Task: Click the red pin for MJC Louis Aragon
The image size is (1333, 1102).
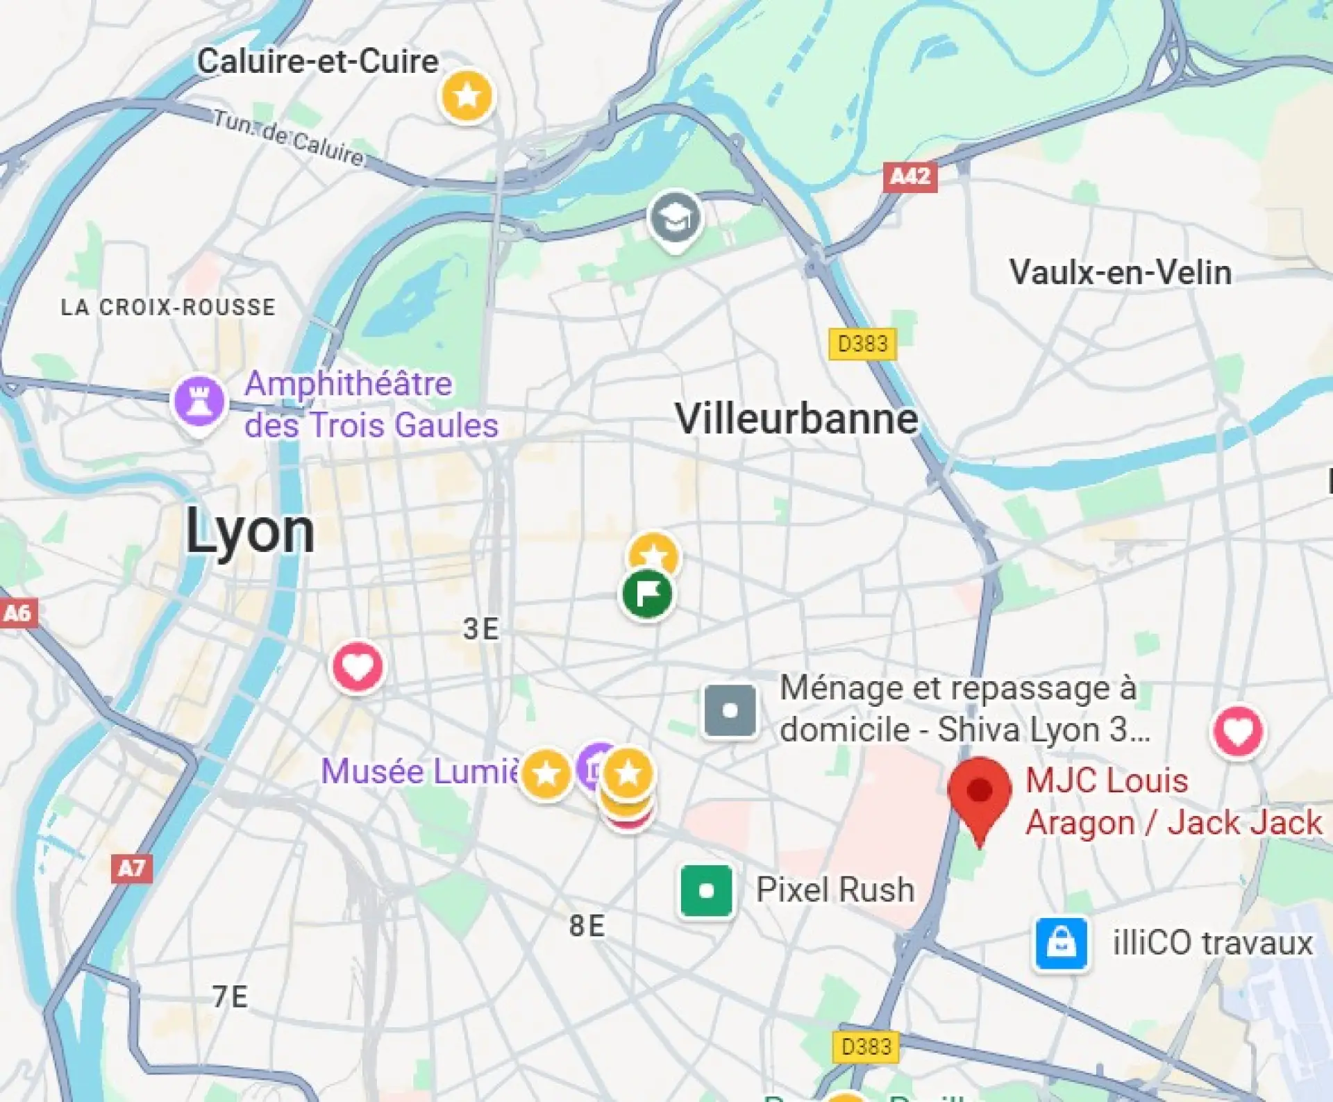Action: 979,792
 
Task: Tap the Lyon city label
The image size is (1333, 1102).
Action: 250,532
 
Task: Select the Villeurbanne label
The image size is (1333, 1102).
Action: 796,419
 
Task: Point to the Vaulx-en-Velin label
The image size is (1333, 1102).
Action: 1120,272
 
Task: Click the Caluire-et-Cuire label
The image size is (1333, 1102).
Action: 317,61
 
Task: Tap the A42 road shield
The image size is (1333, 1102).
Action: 910,177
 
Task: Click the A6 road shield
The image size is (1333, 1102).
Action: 17,613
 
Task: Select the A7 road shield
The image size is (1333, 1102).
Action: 131,868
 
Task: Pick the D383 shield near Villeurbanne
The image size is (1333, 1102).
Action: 862,344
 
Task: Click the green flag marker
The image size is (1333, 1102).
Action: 647,594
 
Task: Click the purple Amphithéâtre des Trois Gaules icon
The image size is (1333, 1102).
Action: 199,401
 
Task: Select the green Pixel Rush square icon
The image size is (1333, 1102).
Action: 706,891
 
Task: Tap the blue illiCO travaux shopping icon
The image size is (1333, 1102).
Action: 1061,943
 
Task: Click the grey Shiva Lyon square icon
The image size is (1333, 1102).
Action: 730,710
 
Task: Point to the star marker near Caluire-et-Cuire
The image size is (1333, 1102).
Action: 467,95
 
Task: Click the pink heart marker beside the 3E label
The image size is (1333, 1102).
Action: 358,667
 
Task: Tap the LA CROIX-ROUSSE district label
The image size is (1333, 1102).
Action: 168,307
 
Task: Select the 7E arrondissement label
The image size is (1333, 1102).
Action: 230,996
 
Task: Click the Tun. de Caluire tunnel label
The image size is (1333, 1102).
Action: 288,137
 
